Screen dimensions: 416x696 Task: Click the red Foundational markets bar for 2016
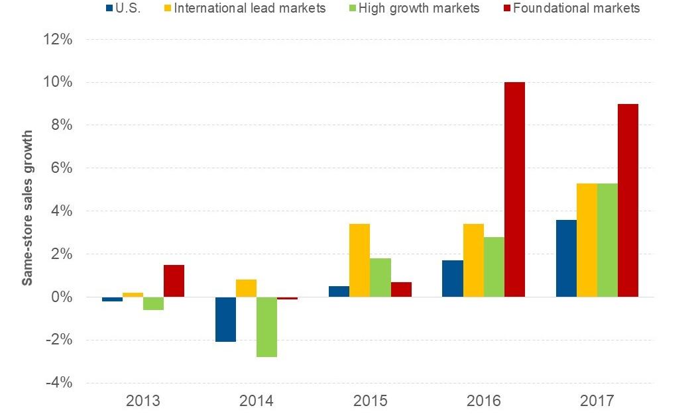(514, 189)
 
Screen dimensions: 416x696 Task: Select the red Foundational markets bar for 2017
(628, 200)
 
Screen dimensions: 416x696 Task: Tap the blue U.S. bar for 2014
(225, 319)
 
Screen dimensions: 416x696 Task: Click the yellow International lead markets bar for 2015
(359, 260)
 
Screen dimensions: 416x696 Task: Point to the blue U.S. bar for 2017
(566, 258)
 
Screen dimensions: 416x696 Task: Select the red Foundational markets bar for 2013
(174, 281)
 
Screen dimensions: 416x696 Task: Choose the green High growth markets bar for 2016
(494, 267)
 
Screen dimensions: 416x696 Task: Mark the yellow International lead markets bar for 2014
(245, 288)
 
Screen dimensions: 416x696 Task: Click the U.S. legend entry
(123, 8)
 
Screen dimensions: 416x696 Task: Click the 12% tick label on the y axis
(58, 40)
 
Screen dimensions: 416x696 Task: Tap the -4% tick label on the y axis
(58, 383)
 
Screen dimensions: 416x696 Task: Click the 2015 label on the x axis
(371, 401)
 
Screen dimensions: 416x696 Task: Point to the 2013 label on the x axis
(143, 401)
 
